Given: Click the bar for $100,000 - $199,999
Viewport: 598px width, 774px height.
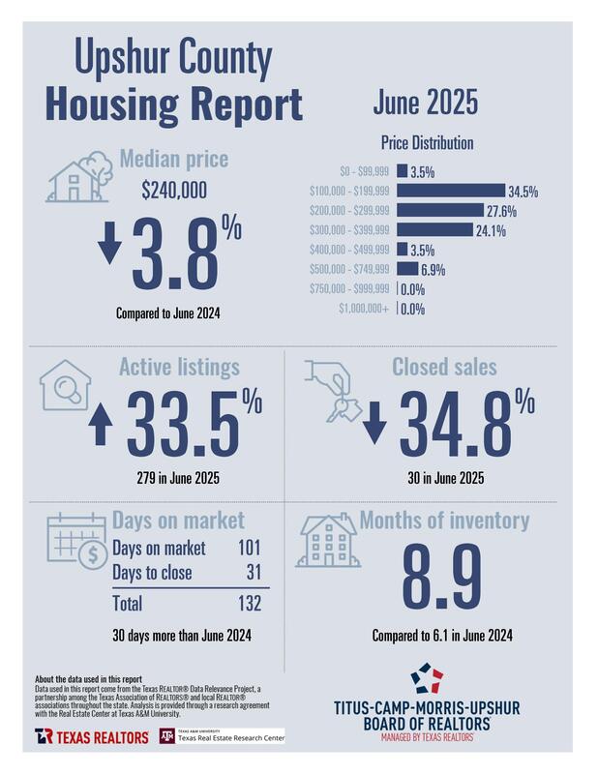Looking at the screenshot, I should coord(451,191).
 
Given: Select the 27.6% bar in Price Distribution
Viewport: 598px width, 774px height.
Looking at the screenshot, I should coord(440,210).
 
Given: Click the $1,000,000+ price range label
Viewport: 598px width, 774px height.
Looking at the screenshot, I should coord(365,310).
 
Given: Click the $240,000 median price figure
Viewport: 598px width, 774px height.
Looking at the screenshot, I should coord(174,192).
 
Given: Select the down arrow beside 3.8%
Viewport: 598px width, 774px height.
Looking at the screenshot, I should coord(111,245).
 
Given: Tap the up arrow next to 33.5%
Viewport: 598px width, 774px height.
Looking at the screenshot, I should coord(100,427).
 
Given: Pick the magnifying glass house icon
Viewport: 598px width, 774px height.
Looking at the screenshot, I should coord(64,386).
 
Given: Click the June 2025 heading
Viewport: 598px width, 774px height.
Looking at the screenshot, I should coord(425,104).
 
